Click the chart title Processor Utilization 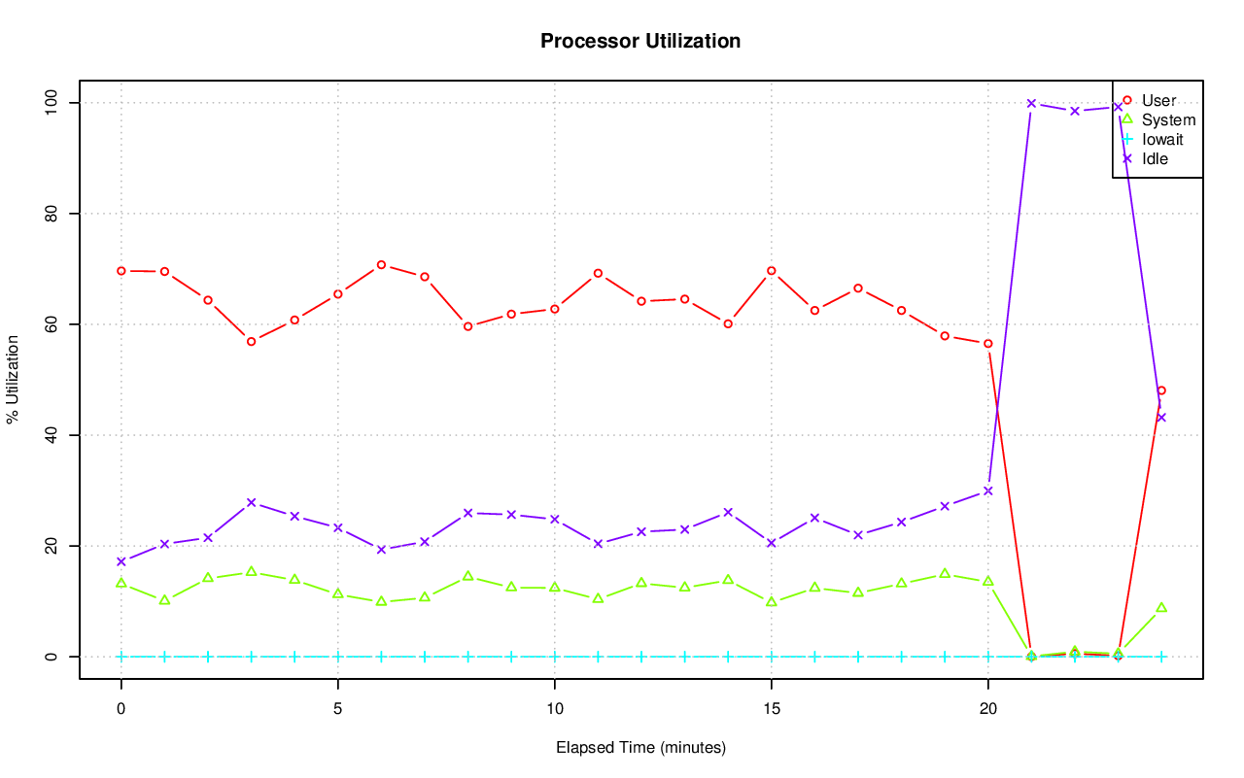tap(640, 41)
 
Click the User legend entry tap(1158, 100)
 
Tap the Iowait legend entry tap(1162, 139)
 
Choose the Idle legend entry tap(1155, 158)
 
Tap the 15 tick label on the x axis tap(771, 709)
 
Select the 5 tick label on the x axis tap(337, 709)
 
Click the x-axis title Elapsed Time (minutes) tap(640, 748)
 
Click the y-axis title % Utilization tap(14, 379)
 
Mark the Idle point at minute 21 tap(1031, 103)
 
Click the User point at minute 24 tap(1160, 390)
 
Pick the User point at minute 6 tap(381, 264)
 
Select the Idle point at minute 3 tap(251, 502)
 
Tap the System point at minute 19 tap(945, 574)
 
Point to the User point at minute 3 tap(251, 341)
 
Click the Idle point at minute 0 tap(121, 561)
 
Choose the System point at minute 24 tap(1160, 608)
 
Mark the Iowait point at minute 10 tap(554, 657)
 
